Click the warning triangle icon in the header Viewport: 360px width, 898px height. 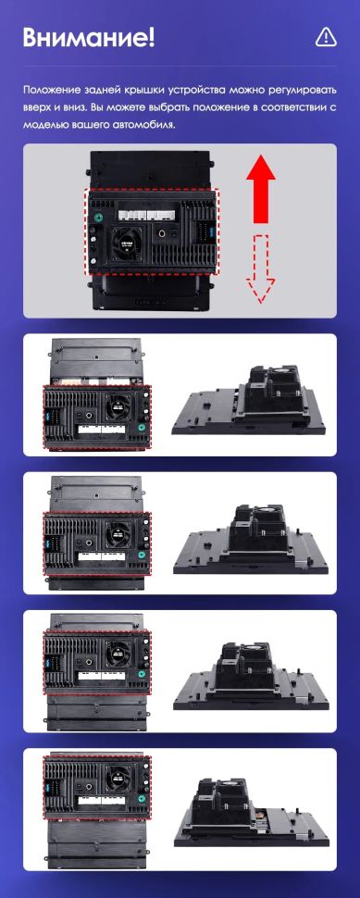point(325,36)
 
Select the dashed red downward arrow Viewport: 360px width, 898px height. point(263,268)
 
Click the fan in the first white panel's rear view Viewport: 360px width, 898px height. point(118,404)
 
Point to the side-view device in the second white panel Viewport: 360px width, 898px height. point(253,543)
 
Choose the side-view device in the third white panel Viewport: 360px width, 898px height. point(253,678)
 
